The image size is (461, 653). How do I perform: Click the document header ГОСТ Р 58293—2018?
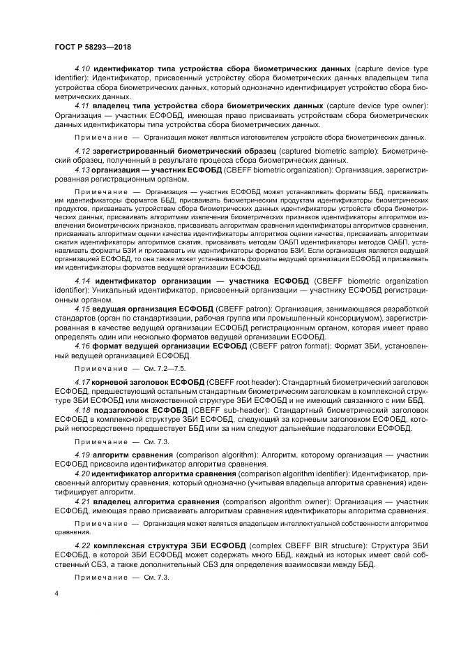point(93,47)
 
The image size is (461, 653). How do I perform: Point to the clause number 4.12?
point(83,151)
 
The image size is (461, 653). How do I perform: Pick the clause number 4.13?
point(83,169)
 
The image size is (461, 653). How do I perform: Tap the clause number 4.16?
point(83,346)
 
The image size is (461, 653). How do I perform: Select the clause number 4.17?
point(83,381)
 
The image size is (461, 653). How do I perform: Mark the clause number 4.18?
point(83,409)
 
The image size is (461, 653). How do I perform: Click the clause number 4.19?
point(83,455)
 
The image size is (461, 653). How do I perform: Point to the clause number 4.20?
point(83,473)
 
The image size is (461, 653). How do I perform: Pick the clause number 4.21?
point(83,500)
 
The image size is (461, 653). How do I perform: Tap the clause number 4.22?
point(83,545)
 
